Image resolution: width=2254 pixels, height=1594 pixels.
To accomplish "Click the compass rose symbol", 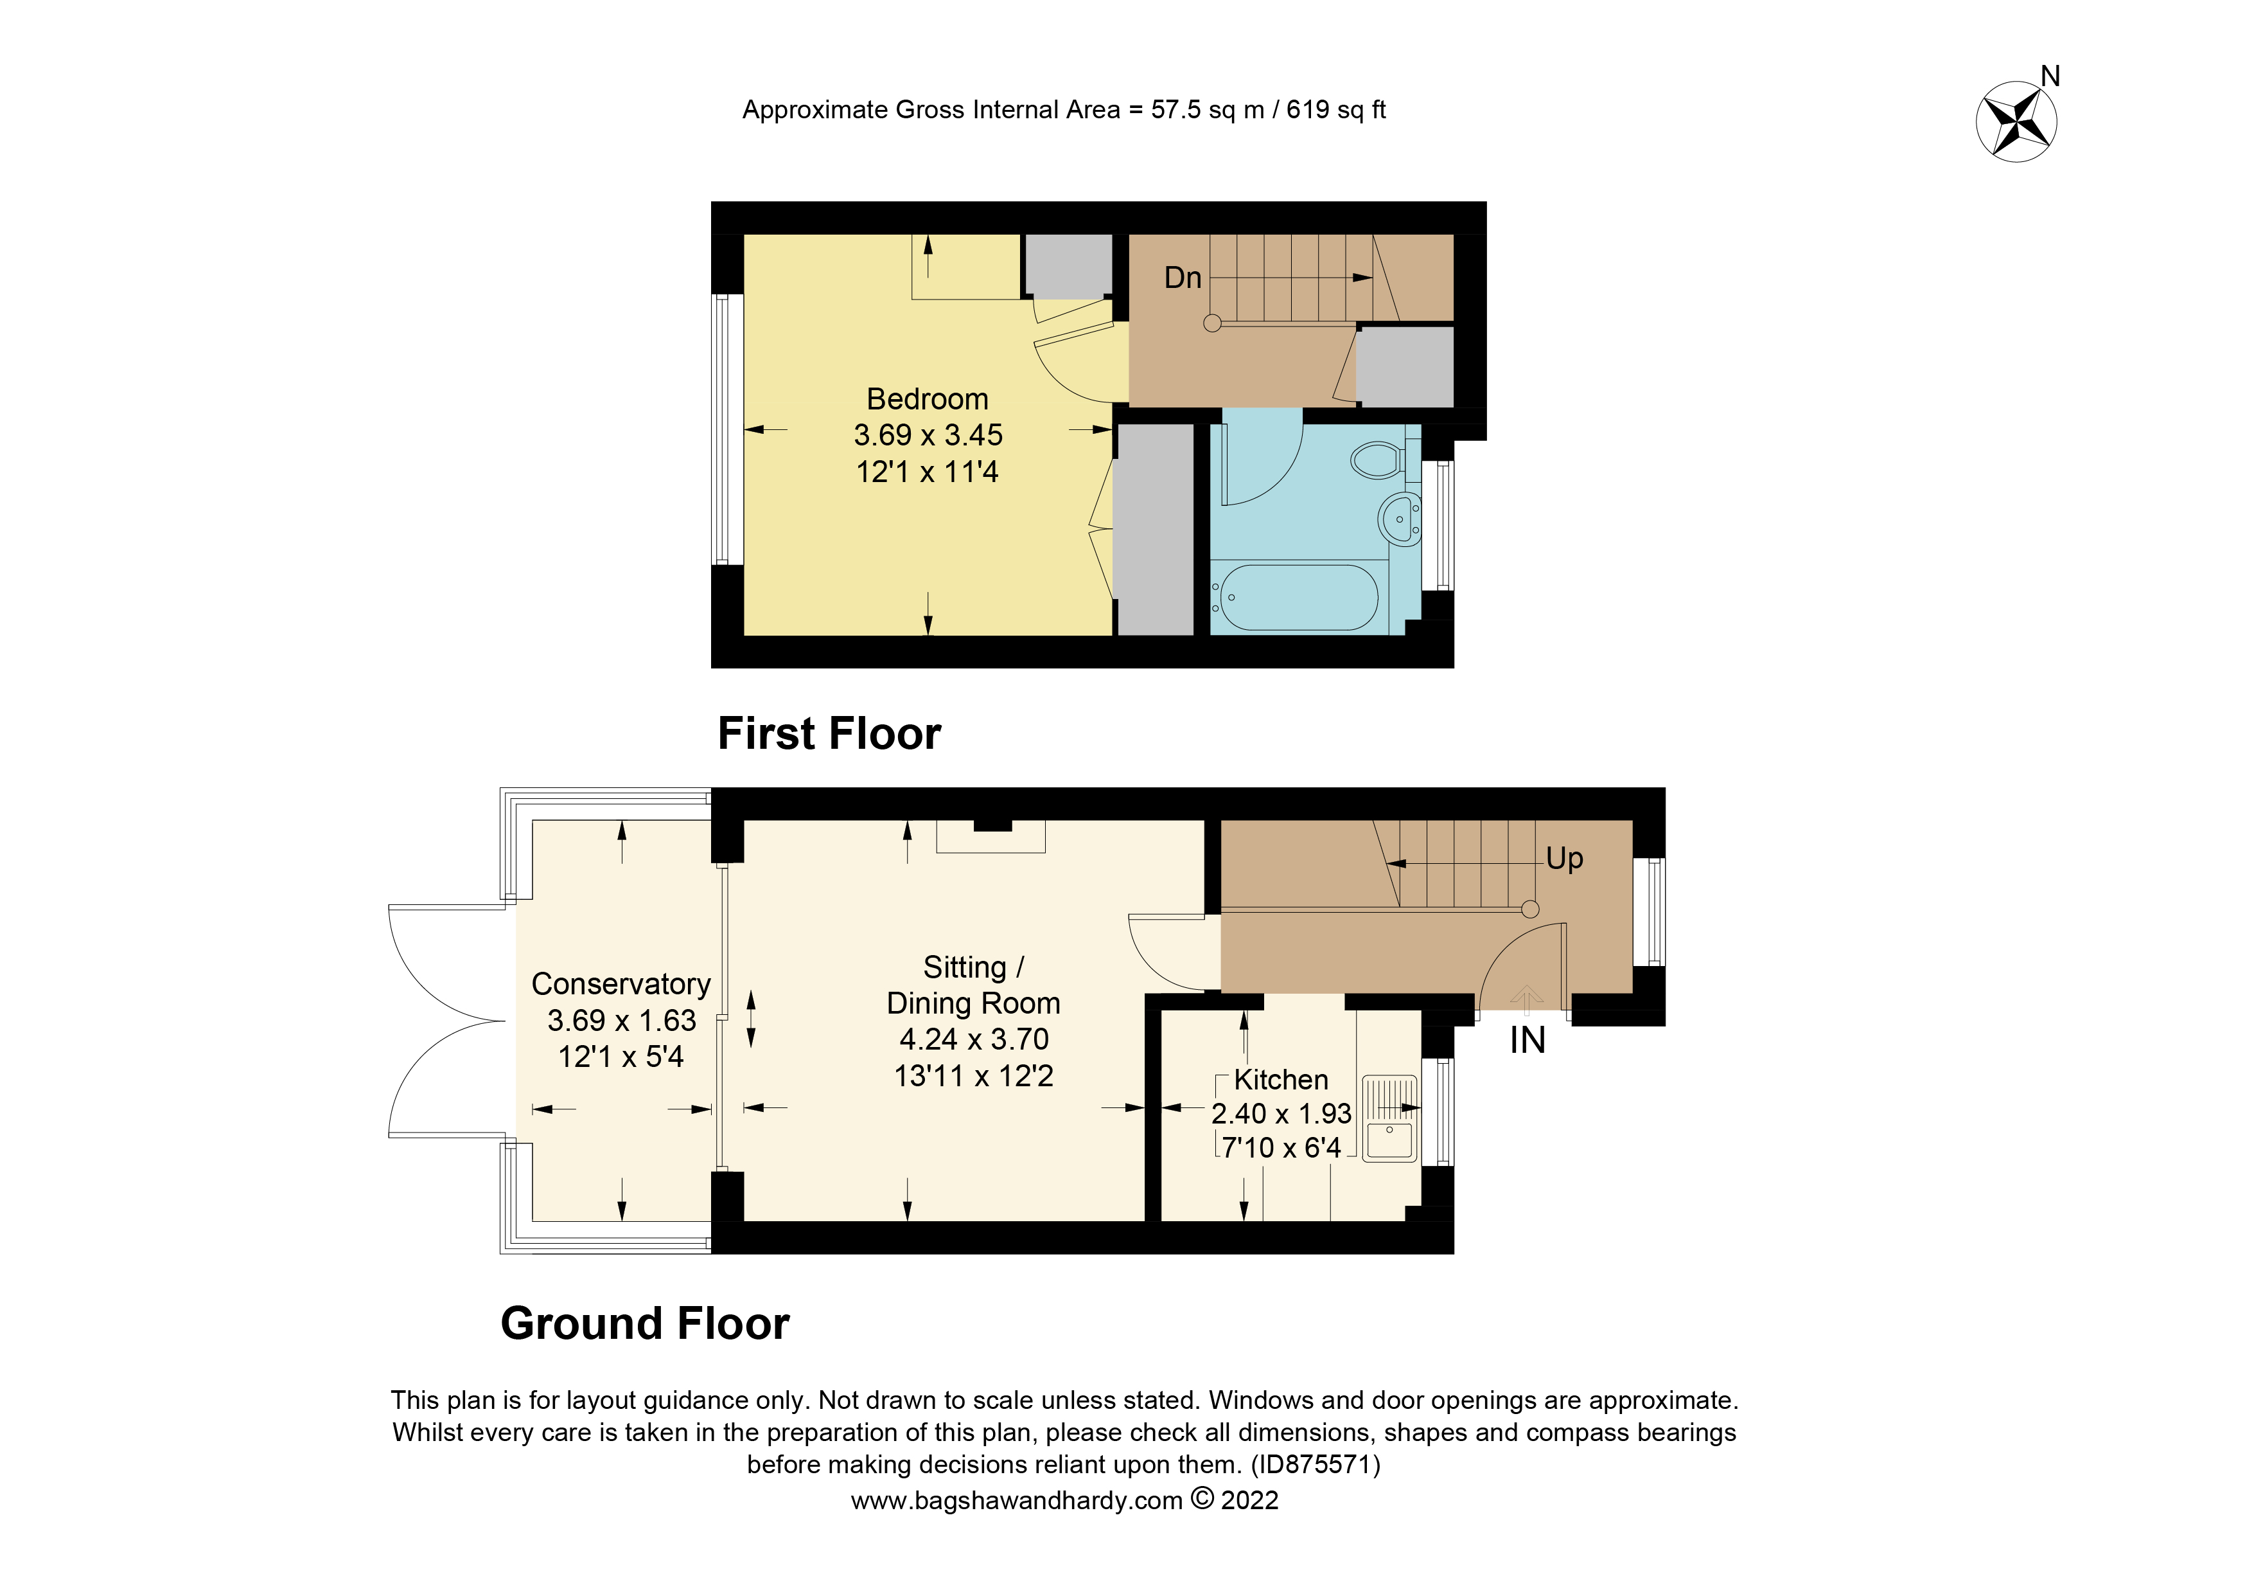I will (2016, 121).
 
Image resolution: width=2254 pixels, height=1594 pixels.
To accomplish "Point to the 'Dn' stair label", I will (1183, 278).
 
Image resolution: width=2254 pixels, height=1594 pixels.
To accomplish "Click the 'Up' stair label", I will (1564, 859).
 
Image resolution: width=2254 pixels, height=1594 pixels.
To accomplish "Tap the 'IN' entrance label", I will (1528, 1040).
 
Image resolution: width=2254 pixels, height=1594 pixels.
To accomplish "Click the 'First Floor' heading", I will (829, 733).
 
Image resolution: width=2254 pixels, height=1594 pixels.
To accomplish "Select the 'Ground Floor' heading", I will (645, 1323).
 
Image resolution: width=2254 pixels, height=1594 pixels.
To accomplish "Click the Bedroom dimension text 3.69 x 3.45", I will (928, 435).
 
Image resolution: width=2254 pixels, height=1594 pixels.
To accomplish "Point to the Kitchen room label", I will (1281, 1079).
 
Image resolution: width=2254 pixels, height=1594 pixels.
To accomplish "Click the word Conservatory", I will (621, 983).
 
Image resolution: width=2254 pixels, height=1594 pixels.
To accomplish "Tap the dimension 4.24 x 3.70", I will (974, 1039).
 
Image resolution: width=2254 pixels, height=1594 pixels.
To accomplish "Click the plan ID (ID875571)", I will (1316, 1464).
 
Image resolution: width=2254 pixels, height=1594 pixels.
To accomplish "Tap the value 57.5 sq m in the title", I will (1206, 110).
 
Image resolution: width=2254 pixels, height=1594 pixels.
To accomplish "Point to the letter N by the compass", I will (2050, 76).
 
